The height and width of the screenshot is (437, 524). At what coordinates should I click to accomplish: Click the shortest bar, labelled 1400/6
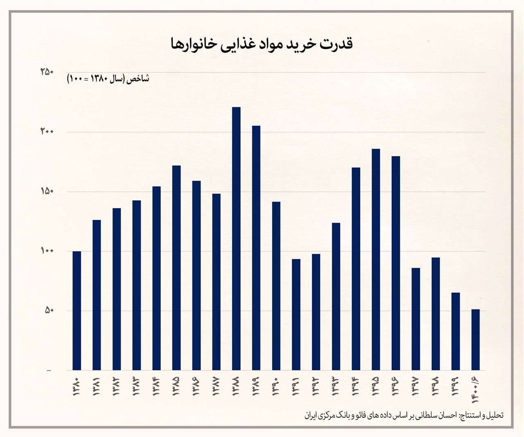point(476,340)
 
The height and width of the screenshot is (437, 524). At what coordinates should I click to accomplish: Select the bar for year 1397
point(416,319)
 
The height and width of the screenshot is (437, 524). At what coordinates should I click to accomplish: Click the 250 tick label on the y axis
point(47,72)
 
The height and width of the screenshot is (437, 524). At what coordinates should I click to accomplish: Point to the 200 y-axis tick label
point(47,132)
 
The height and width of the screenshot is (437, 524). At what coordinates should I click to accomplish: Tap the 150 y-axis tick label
point(47,192)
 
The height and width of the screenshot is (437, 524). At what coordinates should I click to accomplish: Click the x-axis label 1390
point(276,385)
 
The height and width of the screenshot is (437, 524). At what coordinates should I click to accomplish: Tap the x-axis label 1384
point(156,385)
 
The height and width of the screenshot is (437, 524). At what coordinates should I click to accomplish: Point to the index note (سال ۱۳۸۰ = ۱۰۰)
point(108,79)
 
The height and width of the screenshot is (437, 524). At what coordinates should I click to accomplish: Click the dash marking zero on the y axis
point(49,371)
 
